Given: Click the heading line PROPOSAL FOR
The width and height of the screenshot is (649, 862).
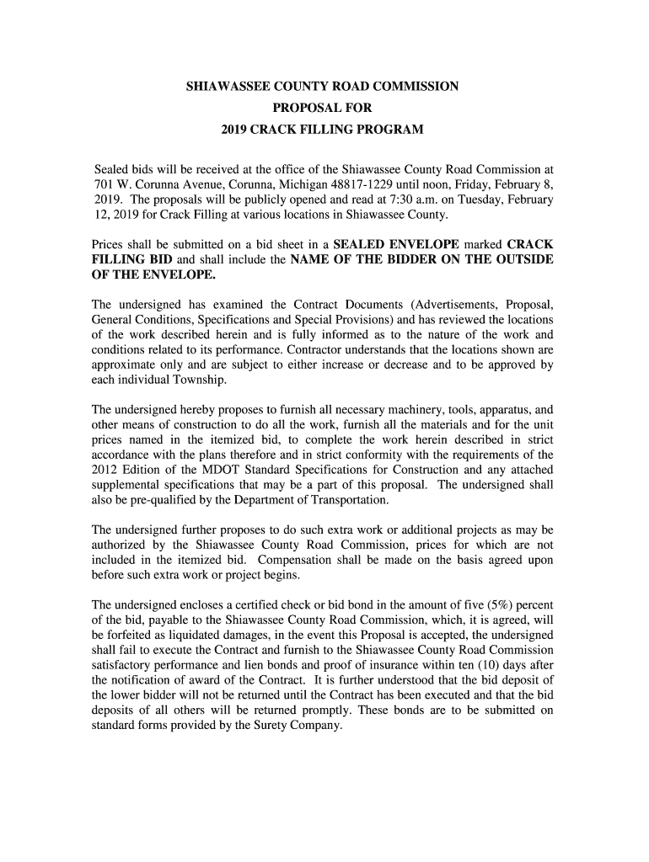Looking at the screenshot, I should coord(323,109).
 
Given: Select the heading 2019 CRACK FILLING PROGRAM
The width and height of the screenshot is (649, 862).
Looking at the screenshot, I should coord(323,130).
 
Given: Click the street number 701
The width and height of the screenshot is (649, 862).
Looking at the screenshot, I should coord(102,184).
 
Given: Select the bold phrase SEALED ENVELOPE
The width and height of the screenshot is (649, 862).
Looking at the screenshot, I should coord(395,244).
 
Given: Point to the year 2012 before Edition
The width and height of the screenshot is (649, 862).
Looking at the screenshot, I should coord(105,469).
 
